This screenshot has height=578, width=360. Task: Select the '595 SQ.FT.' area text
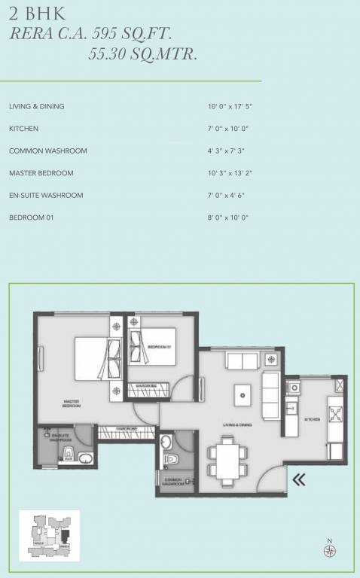[x=159, y=32]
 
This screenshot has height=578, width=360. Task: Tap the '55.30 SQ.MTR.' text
[x=143, y=53]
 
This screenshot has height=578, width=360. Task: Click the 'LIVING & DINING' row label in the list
[x=36, y=107]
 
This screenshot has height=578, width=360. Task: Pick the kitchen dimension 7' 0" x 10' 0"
[x=228, y=129]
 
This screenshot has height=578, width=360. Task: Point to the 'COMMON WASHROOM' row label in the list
[x=47, y=151]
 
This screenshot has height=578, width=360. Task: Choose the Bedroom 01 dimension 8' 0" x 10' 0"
[x=228, y=218]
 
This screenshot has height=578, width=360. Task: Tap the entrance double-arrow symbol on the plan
[x=299, y=479]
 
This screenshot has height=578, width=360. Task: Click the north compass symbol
[x=329, y=551]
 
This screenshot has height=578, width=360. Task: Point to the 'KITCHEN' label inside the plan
[x=313, y=419]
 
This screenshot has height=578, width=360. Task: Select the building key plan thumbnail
[x=49, y=535]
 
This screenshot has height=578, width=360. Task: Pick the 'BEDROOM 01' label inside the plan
[x=160, y=346]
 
